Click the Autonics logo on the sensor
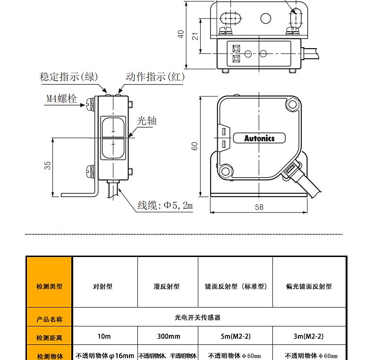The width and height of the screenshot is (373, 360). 259,138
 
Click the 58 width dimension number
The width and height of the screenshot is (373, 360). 259,207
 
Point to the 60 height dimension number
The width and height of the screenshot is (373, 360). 195,146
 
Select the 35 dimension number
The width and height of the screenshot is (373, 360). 47,165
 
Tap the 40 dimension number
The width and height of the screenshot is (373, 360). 181,34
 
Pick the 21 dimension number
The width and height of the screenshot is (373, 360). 195,36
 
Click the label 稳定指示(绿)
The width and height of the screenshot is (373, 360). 69,77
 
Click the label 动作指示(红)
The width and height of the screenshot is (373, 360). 155,77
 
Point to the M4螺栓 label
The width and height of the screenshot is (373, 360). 61,98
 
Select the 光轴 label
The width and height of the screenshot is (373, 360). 146,121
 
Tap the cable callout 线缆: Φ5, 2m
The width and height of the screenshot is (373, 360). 165,205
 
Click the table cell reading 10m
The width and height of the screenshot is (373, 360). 104,336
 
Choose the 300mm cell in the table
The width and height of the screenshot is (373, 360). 169,336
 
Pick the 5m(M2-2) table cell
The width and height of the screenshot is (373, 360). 236,336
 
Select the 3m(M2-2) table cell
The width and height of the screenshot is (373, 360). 308,336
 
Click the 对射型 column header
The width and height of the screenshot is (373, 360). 103,286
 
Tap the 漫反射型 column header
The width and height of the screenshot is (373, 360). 167,286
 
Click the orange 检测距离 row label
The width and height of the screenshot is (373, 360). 49,338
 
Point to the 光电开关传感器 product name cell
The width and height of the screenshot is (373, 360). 198,317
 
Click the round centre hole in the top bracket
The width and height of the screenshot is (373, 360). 266,18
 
